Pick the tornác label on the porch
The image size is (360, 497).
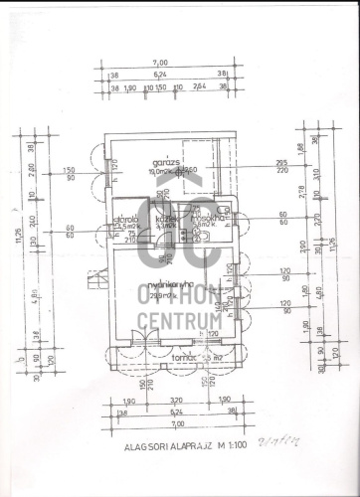182,356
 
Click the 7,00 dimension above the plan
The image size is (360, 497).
161,63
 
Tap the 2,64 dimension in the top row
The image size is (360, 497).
199,87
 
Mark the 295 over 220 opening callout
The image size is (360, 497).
281,166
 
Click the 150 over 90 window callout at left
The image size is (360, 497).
70,174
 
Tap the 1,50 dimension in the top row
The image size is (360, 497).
160,87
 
